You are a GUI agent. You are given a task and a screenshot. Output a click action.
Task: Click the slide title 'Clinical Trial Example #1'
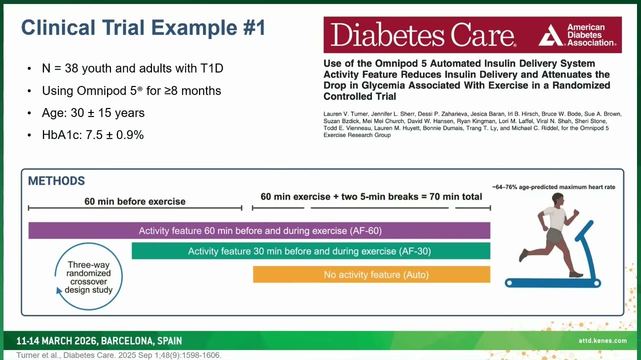(x=143, y=28)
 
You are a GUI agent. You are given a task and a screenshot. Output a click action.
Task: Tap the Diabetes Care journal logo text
(x=423, y=35)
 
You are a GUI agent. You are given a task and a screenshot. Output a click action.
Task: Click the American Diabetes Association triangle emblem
(x=551, y=35)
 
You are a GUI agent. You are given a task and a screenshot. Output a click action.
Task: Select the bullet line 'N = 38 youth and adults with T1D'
(x=132, y=68)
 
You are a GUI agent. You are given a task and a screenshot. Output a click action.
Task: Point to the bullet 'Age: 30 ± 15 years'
(x=93, y=113)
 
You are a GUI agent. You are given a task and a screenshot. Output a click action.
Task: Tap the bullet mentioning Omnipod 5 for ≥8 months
(x=131, y=90)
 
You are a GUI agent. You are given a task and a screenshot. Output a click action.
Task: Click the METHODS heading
(x=56, y=181)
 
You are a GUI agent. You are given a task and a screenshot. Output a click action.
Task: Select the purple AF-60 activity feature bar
(x=259, y=230)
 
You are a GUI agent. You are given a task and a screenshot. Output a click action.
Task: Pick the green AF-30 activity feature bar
(x=311, y=251)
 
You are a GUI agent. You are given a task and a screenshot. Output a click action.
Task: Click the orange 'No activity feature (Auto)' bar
(x=371, y=274)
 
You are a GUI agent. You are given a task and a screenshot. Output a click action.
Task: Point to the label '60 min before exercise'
(x=135, y=201)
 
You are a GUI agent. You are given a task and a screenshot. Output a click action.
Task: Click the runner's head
(x=557, y=198)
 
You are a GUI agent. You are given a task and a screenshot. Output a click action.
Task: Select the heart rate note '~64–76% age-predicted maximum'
(x=553, y=187)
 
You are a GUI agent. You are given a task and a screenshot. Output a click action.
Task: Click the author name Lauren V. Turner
(x=345, y=114)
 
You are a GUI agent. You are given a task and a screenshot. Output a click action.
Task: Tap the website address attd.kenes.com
(x=602, y=340)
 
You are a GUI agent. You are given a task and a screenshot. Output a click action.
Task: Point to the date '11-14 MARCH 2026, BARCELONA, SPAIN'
(x=99, y=341)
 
